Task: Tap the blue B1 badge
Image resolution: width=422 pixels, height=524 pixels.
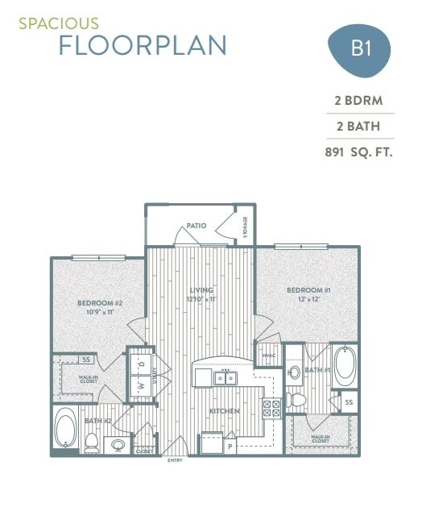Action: [x=360, y=48]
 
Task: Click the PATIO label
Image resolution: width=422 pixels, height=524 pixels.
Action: [x=196, y=227]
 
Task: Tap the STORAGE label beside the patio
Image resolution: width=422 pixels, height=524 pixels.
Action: [x=245, y=227]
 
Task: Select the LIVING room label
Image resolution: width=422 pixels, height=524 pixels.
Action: [x=201, y=289]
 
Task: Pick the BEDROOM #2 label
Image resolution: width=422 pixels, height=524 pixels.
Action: [x=99, y=303]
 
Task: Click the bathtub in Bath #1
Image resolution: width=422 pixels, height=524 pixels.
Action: [x=345, y=365]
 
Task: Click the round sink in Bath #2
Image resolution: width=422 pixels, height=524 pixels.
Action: [x=119, y=443]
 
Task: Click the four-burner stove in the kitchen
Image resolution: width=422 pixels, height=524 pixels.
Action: [x=271, y=408]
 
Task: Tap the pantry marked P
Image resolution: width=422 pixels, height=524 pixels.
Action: [x=230, y=445]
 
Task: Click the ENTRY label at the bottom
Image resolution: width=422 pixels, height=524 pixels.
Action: [x=174, y=460]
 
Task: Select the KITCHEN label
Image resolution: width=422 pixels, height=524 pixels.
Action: [x=225, y=411]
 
